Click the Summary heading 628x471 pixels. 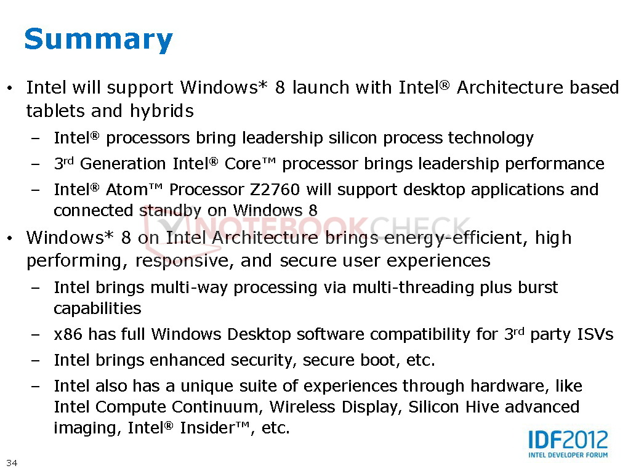coord(99,40)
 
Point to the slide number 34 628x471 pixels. coord(12,462)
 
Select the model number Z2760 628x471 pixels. coord(275,190)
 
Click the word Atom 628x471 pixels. coord(127,190)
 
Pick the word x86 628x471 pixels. coord(68,334)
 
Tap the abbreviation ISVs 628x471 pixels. coord(595,334)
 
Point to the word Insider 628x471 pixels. coord(207,428)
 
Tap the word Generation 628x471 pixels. coord(123,164)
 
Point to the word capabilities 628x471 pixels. coord(97,309)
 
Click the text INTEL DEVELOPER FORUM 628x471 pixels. coord(568,455)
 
